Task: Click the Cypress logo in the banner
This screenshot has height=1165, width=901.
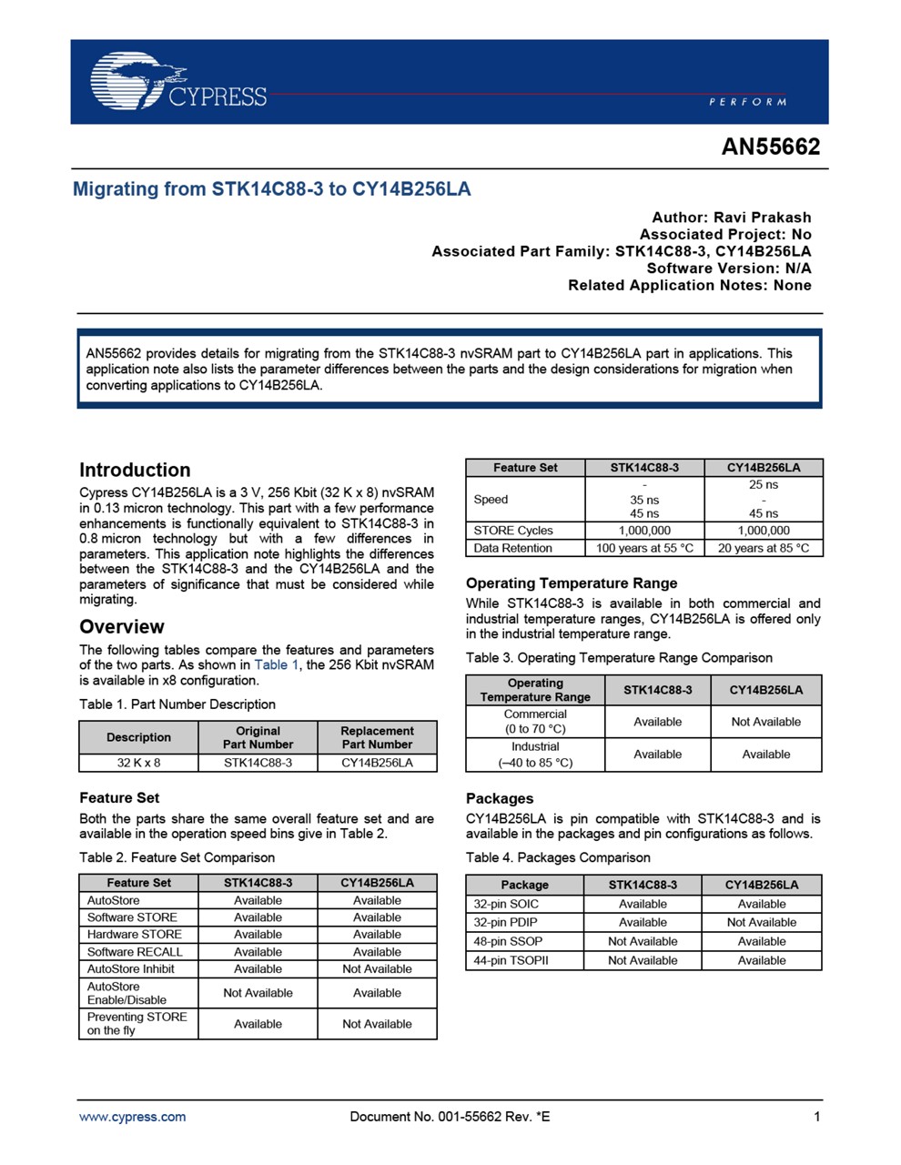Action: (x=177, y=82)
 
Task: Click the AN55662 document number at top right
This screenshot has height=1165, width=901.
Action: (x=770, y=147)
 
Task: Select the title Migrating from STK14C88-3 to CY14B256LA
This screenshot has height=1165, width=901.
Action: (x=272, y=189)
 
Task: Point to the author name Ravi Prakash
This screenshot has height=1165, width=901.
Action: (x=762, y=218)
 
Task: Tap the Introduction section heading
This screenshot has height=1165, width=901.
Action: (x=135, y=471)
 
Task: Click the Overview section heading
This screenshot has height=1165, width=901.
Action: (x=122, y=627)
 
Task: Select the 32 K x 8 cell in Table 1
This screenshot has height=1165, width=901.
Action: (x=138, y=763)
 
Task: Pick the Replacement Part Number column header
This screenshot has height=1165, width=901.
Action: (x=377, y=737)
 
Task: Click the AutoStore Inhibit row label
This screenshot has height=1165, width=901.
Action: (x=131, y=969)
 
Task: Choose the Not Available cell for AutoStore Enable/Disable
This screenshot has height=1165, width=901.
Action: (x=258, y=993)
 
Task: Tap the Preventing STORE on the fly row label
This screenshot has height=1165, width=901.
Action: (x=137, y=1024)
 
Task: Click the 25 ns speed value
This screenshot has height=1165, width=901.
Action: (x=764, y=485)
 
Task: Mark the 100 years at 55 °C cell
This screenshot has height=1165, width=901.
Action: (x=644, y=549)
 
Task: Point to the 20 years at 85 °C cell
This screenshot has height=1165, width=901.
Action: (x=764, y=549)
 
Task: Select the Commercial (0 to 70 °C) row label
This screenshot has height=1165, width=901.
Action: (x=535, y=722)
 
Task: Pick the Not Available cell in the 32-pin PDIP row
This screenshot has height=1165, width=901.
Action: (x=762, y=923)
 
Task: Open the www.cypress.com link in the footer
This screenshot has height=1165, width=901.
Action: (x=133, y=1117)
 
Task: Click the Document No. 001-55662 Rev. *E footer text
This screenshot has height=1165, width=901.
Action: (x=450, y=1117)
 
